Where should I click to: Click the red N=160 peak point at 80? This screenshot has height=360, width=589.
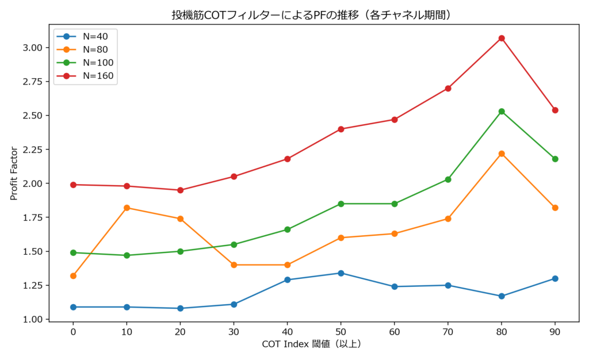coord(502,38)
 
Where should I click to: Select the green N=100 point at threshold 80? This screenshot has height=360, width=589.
coord(502,112)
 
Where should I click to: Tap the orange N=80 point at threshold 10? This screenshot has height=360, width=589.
coord(127,208)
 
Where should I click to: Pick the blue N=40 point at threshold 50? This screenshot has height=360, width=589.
coord(341,273)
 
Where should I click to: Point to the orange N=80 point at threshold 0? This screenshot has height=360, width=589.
coord(73,276)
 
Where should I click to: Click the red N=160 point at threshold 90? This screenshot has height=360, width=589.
coord(555,110)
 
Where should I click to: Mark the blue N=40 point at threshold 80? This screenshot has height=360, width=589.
coord(502,296)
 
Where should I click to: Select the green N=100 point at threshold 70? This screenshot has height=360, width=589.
coord(448,179)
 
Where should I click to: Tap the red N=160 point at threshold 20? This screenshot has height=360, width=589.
coord(180,190)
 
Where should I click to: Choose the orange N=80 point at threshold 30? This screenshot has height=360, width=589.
coord(234,265)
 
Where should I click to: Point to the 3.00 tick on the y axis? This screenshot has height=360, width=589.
coord(33,48)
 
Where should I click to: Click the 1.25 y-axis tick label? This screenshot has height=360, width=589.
coord(33,285)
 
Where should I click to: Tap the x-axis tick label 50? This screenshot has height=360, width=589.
coord(341,331)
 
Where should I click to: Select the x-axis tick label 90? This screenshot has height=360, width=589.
coord(555,331)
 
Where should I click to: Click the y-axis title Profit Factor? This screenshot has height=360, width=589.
coord(14,172)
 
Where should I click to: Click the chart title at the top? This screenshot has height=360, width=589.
coord(311,14)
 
